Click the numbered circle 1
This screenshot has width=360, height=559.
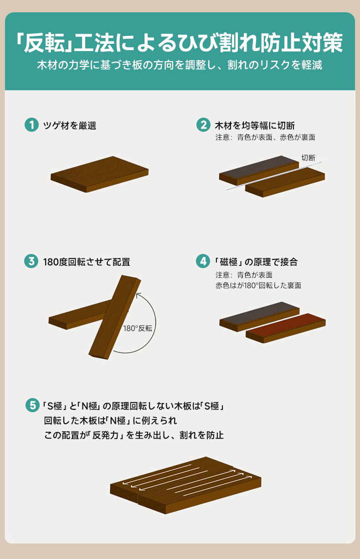click(x=31, y=125)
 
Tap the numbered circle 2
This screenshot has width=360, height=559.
click(x=203, y=125)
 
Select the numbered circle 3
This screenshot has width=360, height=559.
click(x=31, y=261)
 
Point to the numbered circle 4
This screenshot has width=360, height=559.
click(x=203, y=261)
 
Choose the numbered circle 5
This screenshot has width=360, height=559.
click(x=32, y=405)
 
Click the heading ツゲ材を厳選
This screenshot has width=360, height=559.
click(x=70, y=125)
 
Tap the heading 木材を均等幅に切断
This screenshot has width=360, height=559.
click(x=255, y=125)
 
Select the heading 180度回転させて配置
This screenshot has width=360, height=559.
click(x=87, y=262)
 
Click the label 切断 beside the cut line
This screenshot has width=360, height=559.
click(x=309, y=158)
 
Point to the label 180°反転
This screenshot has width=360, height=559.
click(x=138, y=328)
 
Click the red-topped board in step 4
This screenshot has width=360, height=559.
click(x=286, y=328)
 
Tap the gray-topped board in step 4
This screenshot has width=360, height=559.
click(x=259, y=317)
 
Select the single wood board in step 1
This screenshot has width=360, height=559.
click(x=99, y=174)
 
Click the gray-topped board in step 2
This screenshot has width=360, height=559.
click(x=259, y=171)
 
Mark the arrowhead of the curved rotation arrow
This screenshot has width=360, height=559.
click(x=138, y=295)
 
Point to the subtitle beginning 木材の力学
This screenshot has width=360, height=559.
click(x=180, y=65)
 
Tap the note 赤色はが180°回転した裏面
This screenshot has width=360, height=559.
click(x=258, y=285)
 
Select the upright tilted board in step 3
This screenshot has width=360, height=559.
click(x=115, y=317)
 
